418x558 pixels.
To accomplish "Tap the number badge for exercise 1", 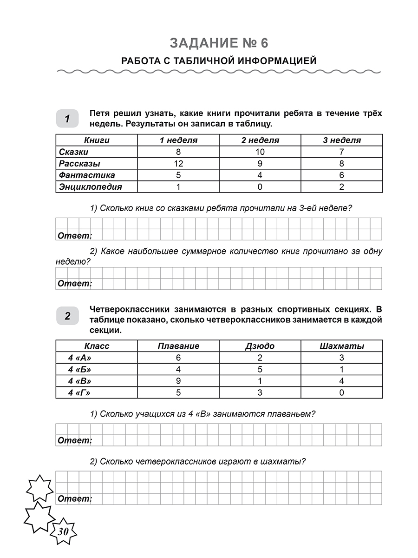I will pos(67,119).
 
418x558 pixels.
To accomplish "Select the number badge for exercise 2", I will pos(67,317).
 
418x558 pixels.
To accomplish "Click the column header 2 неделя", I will pos(260,140).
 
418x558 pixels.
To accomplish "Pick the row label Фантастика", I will pos(87,175).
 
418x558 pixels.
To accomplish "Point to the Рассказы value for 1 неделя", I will pos(178,164).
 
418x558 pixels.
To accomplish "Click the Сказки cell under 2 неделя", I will pos(260,152).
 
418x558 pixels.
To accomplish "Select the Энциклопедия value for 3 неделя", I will pos(342,187).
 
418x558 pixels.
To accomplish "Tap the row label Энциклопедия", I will pos(90,187).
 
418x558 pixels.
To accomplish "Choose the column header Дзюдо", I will pos(260,346).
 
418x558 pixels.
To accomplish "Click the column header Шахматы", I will pos(342,346).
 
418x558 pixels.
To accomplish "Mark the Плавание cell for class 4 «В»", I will pos(178,381).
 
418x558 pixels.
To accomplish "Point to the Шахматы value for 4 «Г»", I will pos(342,393).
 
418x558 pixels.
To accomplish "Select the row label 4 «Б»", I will pos(79,370).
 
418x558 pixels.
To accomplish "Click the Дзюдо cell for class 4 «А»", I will pos(260,358).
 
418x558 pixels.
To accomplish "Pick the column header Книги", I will pos(97,140).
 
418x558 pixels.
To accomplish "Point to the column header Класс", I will pos(97,346).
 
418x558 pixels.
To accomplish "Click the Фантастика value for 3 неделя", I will pos(342,175).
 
